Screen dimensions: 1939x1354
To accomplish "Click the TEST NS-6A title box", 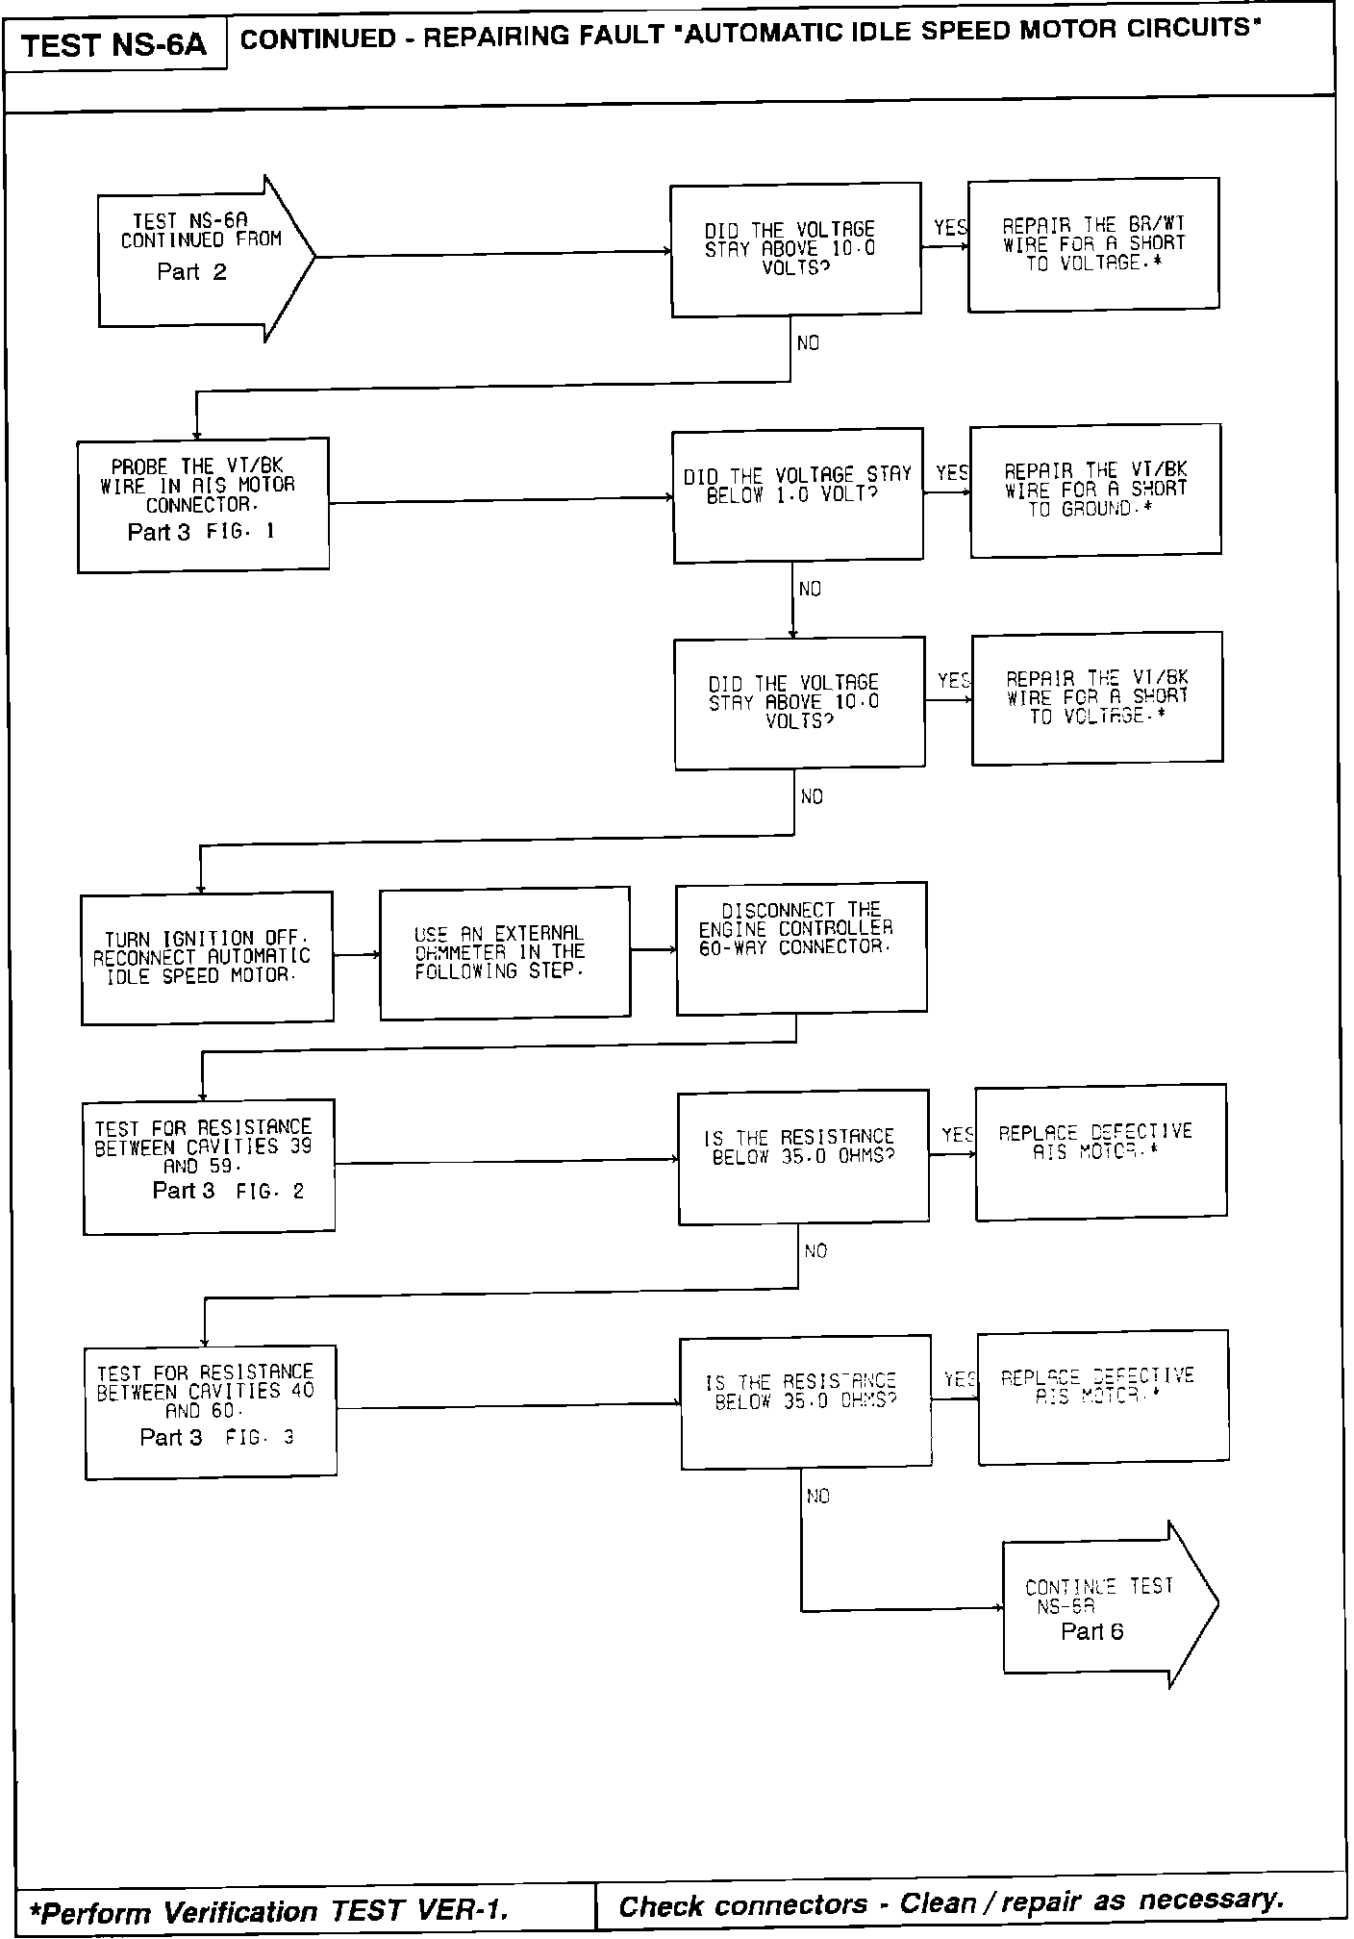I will [x=114, y=45].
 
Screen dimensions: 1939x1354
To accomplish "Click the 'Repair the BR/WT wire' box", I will [x=1093, y=244].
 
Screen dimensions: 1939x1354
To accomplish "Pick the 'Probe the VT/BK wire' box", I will [x=203, y=504].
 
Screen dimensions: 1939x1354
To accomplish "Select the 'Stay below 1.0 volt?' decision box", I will [x=797, y=495].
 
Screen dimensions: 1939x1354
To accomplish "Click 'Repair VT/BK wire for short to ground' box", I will [x=1095, y=490].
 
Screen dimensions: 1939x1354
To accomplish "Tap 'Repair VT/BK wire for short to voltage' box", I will [x=1097, y=698].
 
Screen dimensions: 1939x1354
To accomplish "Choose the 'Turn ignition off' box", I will [x=207, y=957].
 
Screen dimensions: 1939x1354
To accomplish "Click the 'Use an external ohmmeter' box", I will [x=505, y=952].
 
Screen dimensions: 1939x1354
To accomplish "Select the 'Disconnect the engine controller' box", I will [x=801, y=947].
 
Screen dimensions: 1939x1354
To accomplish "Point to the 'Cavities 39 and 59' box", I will [x=209, y=1166].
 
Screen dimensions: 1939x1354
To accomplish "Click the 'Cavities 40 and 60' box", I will [x=211, y=1411].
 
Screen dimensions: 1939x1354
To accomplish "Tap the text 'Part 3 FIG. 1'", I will [x=201, y=532].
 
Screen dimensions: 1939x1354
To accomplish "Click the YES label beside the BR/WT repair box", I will [x=950, y=228].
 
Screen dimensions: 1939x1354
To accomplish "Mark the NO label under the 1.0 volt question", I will [x=810, y=589].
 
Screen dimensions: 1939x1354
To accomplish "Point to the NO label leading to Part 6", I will [x=817, y=1496].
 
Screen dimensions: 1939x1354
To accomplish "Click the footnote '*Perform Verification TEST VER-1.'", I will [x=269, y=1909].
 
